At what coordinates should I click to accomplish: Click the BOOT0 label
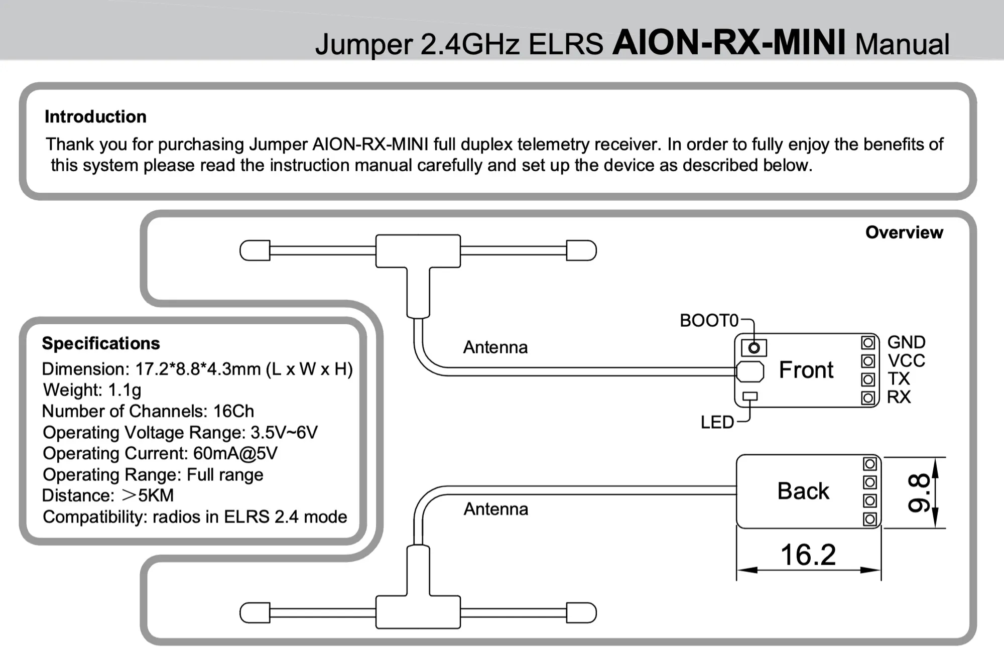click(708, 320)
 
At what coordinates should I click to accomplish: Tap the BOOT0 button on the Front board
click(754, 347)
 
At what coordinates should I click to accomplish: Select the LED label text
click(717, 422)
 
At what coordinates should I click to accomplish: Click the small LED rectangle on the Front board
click(749, 396)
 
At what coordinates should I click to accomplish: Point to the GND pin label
click(906, 342)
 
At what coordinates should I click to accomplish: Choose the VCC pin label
click(906, 360)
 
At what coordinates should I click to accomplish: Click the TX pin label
click(898, 378)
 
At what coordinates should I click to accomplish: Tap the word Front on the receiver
click(806, 370)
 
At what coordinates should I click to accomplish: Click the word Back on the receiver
click(803, 491)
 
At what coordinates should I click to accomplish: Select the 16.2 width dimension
click(808, 555)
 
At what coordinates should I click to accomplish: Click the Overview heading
click(904, 232)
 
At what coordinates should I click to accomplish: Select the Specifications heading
click(101, 343)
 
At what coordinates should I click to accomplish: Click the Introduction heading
click(95, 116)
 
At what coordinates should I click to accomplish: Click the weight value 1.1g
click(124, 390)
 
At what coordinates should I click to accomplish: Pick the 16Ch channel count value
click(233, 411)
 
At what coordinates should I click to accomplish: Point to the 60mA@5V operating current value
click(235, 453)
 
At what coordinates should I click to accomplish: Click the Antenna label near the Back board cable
click(495, 509)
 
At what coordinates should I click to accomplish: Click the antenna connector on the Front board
click(750, 371)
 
